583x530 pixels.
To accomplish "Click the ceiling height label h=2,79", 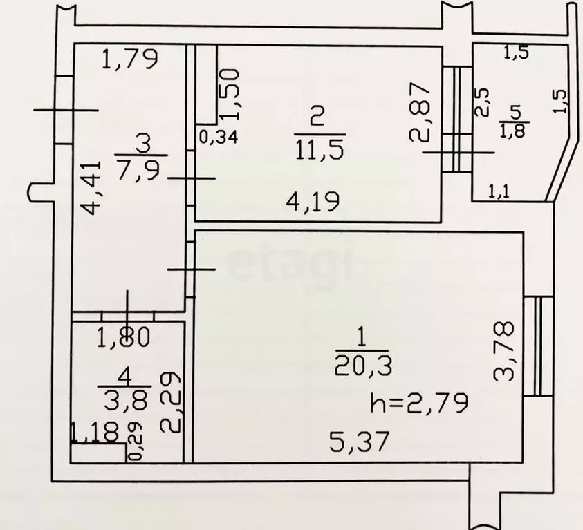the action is (419, 402).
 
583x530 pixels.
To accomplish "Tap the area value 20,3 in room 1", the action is (363, 366).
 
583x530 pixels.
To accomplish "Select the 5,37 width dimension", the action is (359, 442).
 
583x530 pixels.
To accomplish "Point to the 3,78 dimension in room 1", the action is (503, 352).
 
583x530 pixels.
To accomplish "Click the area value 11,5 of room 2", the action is (320, 149).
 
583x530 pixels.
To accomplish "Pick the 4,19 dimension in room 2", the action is (313, 202).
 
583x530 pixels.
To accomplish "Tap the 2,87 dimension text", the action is (420, 112).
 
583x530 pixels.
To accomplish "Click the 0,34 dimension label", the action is (219, 138).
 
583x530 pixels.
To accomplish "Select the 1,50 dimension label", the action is (229, 95).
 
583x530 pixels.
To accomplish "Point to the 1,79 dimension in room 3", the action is (130, 59).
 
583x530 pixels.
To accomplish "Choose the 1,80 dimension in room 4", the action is (123, 337).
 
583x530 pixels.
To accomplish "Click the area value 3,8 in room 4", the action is (126, 400).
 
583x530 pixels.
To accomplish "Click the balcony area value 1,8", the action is (515, 131).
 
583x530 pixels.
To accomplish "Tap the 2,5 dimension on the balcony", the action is (482, 102).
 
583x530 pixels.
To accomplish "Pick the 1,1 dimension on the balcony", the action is (499, 192).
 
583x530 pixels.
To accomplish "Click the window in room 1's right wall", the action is (538, 346).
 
